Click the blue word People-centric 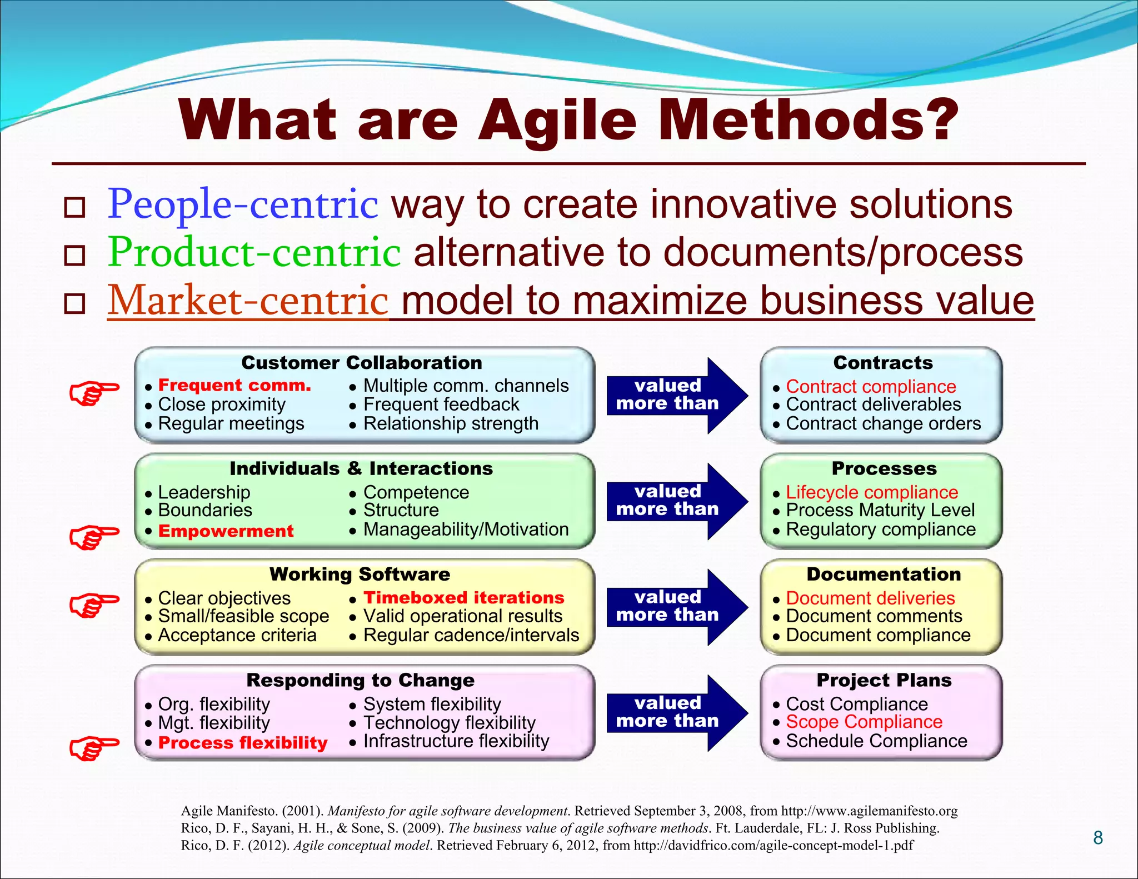point(243,204)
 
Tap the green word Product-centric point(254,252)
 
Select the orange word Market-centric point(247,301)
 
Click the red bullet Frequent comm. point(234,385)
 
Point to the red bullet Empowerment point(226,531)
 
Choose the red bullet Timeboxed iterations point(463,597)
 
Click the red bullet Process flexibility point(243,743)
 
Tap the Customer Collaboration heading point(362,363)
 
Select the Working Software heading point(360,574)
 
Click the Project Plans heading point(884,680)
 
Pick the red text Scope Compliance point(864,722)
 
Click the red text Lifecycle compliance point(872,492)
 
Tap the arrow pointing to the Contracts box point(676,395)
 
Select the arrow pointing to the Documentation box point(676,607)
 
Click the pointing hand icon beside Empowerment point(94,536)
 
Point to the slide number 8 point(1097,838)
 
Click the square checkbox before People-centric point(74,208)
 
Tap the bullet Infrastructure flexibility point(456,741)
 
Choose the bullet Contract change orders point(883,424)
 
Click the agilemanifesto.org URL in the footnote point(869,811)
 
